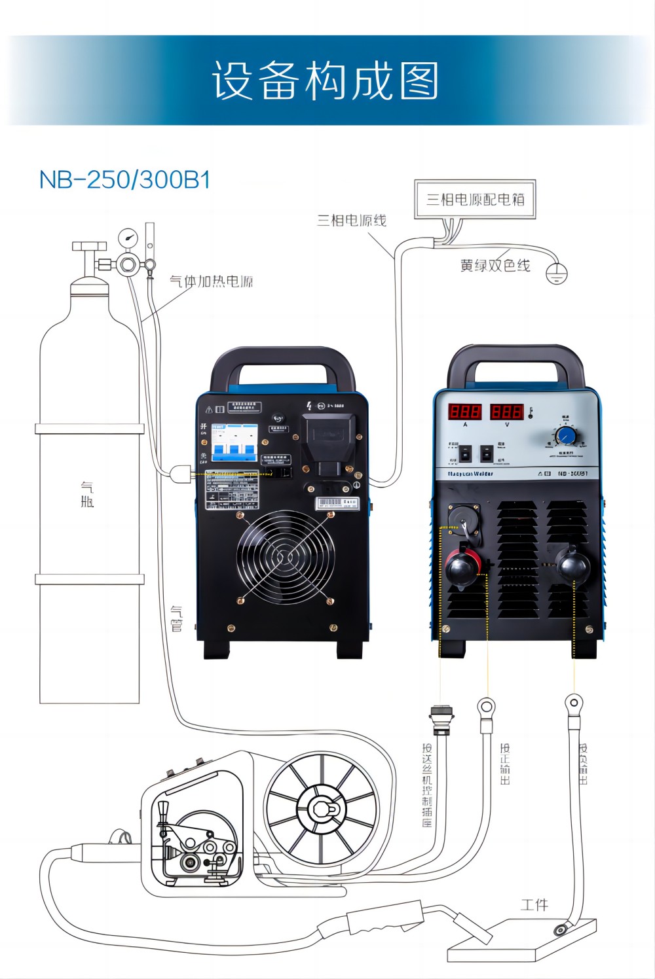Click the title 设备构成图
pyautogui.click(x=325, y=81)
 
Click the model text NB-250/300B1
pyautogui.click(x=124, y=180)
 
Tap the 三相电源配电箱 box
pyautogui.click(x=475, y=200)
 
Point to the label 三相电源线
pyautogui.click(x=352, y=221)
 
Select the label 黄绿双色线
pyautogui.click(x=495, y=266)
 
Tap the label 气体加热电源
pyautogui.click(x=211, y=282)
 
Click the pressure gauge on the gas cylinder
pyautogui.click(x=128, y=237)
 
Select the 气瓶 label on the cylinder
pyautogui.click(x=87, y=495)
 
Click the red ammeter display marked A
pyautogui.click(x=464, y=412)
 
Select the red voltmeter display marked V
pyautogui.click(x=506, y=412)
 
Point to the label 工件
pyautogui.click(x=534, y=905)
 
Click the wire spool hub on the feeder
pyautogui.click(x=321, y=809)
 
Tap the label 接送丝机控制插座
pyautogui.click(x=427, y=785)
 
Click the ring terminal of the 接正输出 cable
pyautogui.click(x=485, y=707)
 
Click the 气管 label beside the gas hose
pyautogui.click(x=176, y=619)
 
